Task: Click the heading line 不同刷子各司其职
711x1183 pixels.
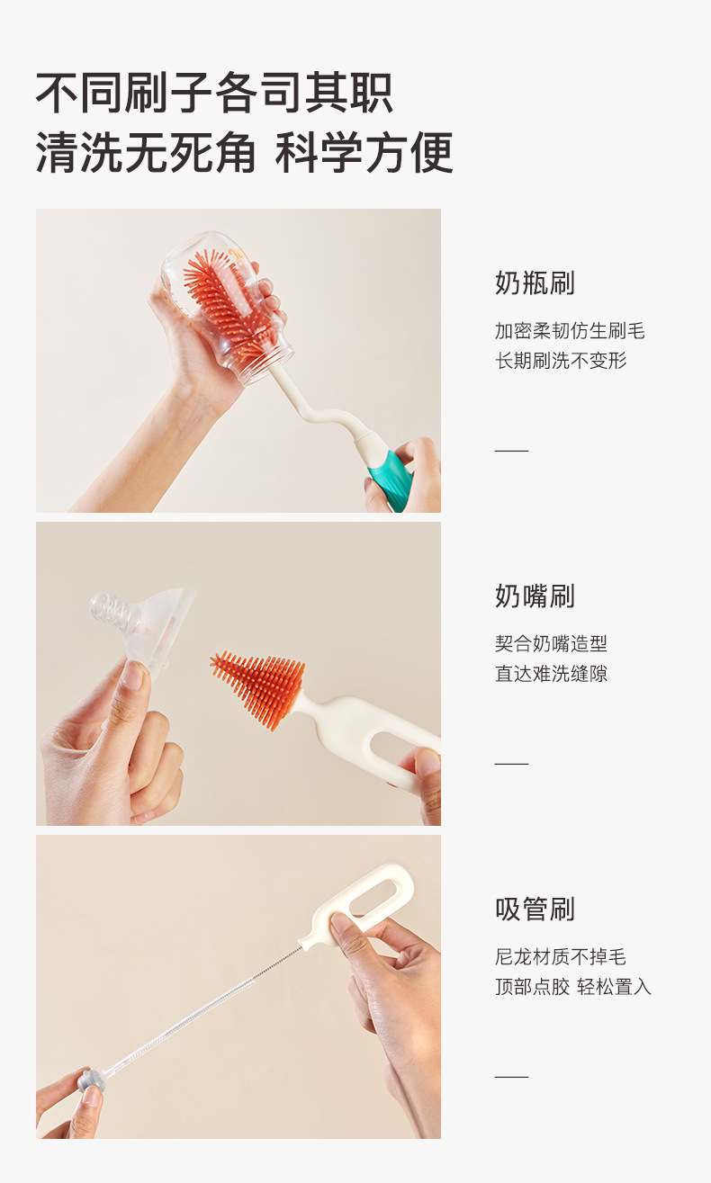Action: (x=214, y=94)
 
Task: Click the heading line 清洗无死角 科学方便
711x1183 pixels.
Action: (x=244, y=152)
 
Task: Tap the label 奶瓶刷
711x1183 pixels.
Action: (x=535, y=283)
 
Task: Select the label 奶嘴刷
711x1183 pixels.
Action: (x=535, y=596)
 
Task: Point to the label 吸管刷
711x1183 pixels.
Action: (x=535, y=909)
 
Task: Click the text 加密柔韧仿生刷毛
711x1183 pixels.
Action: (x=570, y=331)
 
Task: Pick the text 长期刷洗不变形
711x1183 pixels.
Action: (x=560, y=361)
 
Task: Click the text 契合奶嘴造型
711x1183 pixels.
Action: (x=551, y=643)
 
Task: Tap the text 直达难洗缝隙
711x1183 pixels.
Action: (x=551, y=673)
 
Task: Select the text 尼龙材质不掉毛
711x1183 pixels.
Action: (x=560, y=956)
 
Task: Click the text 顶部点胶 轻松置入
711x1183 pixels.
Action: (x=572, y=987)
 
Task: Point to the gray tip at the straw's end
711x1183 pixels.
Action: (x=89, y=1080)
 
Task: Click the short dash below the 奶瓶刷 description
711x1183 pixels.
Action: (x=511, y=450)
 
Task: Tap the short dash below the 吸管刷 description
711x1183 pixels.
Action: (x=511, y=1076)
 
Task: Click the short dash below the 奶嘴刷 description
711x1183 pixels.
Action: (x=511, y=763)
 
